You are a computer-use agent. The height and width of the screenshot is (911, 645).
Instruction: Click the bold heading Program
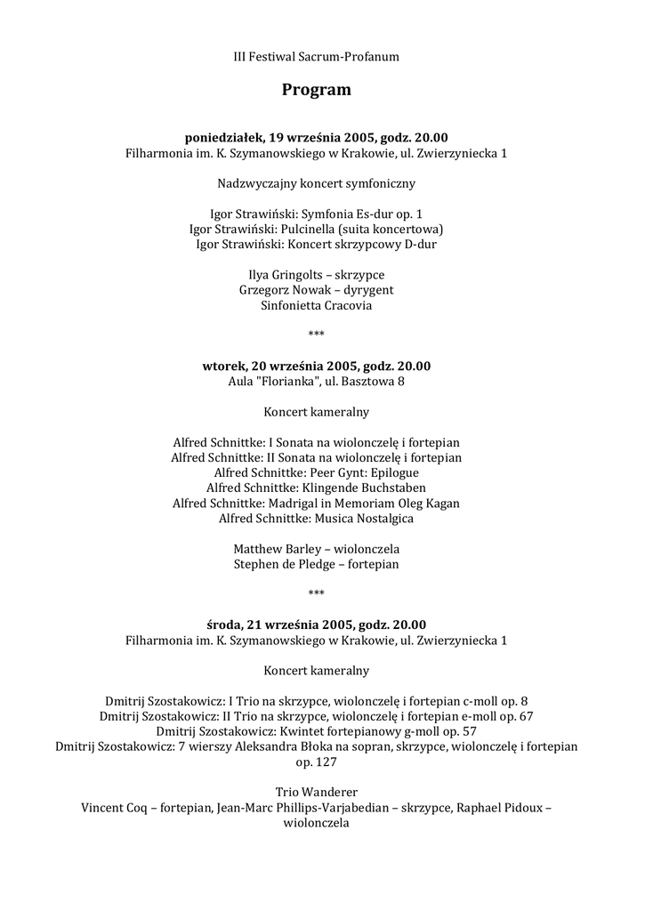317,90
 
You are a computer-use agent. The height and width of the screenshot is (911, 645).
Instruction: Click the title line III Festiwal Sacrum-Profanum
317,57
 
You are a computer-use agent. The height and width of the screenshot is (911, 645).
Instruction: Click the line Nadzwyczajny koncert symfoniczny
317,184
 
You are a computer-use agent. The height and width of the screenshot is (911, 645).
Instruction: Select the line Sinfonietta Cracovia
317,305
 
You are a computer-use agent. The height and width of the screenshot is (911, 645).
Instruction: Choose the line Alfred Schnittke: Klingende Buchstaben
317,488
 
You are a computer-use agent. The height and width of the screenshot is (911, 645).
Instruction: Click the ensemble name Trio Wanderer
317,793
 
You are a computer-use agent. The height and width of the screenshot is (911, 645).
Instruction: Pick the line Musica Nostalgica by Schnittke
317,518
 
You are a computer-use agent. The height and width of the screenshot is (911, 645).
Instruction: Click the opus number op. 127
317,762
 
